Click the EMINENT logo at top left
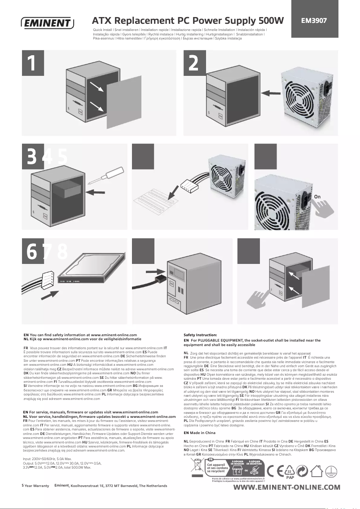click(x=47, y=22)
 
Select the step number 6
click(x=32, y=251)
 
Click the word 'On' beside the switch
click(x=317, y=197)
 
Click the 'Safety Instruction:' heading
click(x=200, y=335)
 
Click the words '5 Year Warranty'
click(x=35, y=486)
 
